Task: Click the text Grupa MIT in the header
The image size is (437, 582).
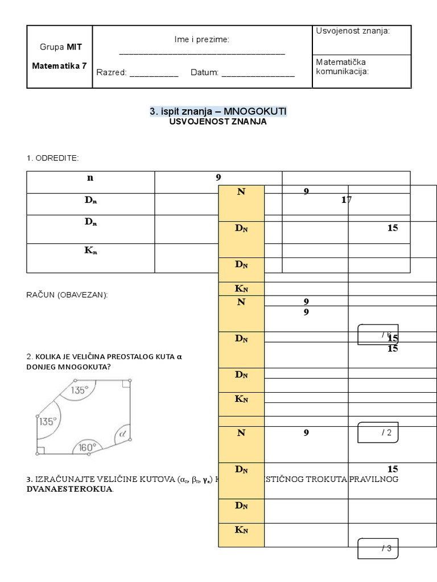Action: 59,47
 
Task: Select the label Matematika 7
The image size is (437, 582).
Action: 59,65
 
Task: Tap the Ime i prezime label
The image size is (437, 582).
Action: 201,40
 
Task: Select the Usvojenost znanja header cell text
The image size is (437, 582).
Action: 353,31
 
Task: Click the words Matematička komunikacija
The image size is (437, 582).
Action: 341,66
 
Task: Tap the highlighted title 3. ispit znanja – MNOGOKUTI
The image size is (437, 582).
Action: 218,112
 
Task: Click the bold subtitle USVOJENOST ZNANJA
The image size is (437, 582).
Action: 218,122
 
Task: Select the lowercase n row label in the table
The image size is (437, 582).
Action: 90,177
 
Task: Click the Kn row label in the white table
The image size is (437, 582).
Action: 90,251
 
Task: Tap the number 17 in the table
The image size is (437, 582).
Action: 347,200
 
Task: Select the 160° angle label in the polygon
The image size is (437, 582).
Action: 86,447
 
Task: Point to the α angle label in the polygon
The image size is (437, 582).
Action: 121,435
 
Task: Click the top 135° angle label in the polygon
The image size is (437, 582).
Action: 79,390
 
